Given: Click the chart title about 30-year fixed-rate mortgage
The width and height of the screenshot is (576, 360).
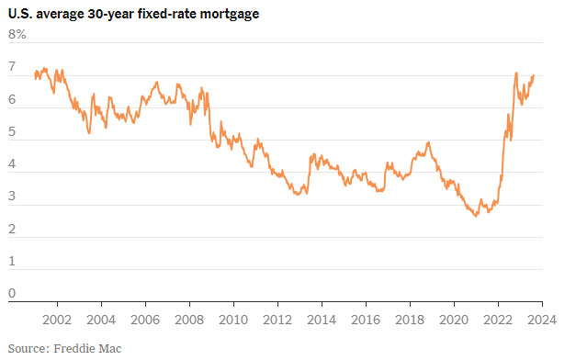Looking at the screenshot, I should pyautogui.click(x=133, y=14).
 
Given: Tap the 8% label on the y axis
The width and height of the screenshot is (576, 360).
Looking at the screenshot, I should pyautogui.click(x=17, y=35).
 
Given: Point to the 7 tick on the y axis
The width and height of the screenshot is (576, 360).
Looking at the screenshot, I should pyautogui.click(x=12, y=68).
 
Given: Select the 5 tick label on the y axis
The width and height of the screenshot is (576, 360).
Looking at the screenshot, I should pyautogui.click(x=12, y=132).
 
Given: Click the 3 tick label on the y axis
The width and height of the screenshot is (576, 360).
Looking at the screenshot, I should pyautogui.click(x=12, y=197).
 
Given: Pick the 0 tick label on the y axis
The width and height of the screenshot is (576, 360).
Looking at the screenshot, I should pyautogui.click(x=12, y=294).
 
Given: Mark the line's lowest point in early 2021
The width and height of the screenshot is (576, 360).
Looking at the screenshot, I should pyautogui.click(x=476, y=215).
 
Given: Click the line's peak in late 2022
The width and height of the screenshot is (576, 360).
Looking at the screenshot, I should pyautogui.click(x=515, y=73).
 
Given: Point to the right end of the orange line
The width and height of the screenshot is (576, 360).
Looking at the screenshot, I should pyautogui.click(x=534, y=75).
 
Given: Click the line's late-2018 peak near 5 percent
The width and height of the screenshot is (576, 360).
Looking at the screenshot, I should pyautogui.click(x=429, y=142).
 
